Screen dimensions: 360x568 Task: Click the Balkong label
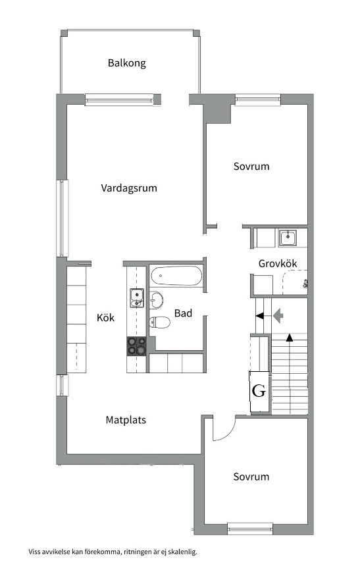point(127,63)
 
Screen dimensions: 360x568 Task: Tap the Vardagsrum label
point(129,188)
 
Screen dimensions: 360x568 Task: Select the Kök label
point(105,318)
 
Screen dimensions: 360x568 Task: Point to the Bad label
point(183,313)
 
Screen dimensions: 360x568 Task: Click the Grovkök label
point(278,263)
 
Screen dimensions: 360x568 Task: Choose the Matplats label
point(126,420)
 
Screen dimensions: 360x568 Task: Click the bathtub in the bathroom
point(176,276)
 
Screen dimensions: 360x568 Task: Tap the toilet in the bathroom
point(160,322)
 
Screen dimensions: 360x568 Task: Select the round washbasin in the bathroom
point(157,300)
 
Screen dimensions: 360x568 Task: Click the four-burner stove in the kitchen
point(136,346)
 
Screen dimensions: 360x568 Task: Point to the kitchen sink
point(137,298)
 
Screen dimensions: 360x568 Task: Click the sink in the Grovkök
point(288,238)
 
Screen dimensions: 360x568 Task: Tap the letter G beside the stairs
point(259,391)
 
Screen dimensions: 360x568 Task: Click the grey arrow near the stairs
point(278,315)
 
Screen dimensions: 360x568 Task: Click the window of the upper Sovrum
point(258,99)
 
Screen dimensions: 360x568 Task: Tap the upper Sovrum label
point(251,167)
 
